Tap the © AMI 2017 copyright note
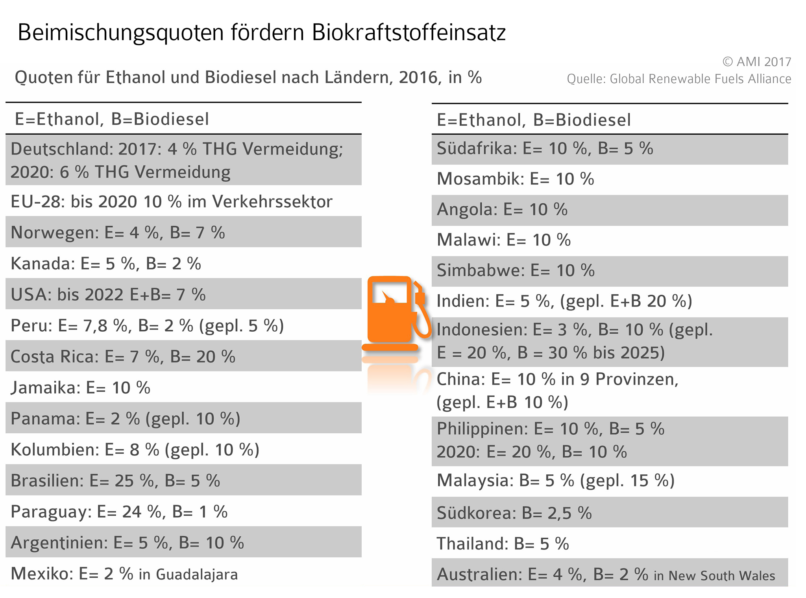point(756,62)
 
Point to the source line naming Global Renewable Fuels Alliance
point(678,79)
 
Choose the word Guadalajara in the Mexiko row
point(197,574)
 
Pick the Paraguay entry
point(119,512)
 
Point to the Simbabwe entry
point(516,271)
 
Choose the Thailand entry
point(503,544)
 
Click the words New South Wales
point(722,576)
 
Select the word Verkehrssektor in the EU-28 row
point(272,202)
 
